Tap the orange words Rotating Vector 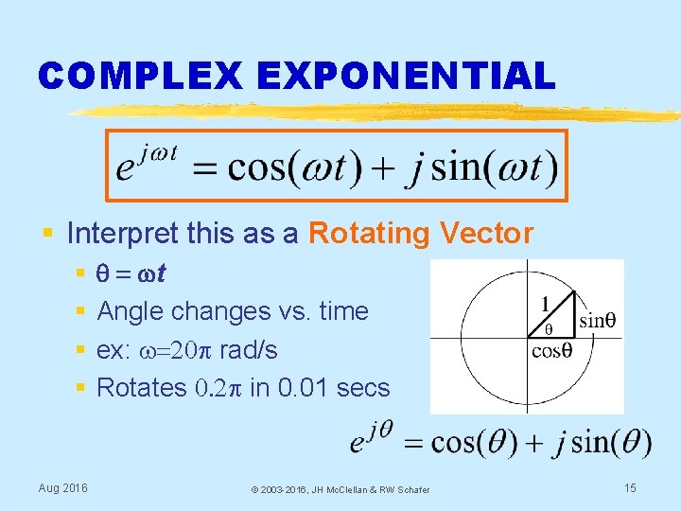coord(421,233)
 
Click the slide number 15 coord(631,487)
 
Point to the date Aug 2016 coord(62,487)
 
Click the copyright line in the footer coord(340,489)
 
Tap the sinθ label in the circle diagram coord(598,320)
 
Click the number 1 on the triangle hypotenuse coord(545,305)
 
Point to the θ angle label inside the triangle coord(549,329)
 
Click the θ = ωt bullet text coord(131,273)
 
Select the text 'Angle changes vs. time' coord(233,311)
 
